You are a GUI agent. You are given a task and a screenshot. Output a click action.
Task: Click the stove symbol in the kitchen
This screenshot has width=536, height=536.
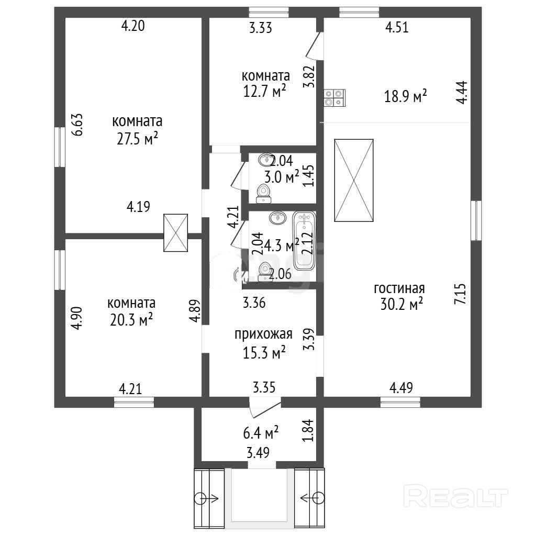(x=334, y=98)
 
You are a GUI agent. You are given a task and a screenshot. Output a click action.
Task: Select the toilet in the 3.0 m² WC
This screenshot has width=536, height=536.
(x=263, y=194)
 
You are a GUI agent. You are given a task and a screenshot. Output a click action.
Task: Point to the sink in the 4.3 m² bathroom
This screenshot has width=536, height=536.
(x=278, y=217)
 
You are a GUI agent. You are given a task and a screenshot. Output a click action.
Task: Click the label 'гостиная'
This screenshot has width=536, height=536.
(x=399, y=289)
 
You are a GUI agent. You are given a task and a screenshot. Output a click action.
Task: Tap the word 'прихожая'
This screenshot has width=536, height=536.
(x=263, y=334)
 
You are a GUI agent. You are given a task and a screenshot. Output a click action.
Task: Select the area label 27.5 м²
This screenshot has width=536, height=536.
(x=137, y=139)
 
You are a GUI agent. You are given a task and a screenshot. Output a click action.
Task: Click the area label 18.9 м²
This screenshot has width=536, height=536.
(x=406, y=96)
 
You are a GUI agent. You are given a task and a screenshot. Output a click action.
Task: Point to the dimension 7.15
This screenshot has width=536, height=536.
(x=460, y=294)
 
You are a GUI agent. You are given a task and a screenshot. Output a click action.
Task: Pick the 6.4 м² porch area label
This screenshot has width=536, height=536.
(x=261, y=432)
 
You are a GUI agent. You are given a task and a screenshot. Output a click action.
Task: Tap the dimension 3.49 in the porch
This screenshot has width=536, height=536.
(x=258, y=453)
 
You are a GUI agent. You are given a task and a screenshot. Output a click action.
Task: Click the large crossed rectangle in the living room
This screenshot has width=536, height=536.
(x=354, y=181)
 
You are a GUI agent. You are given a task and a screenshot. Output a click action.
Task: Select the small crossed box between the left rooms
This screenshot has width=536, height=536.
(x=176, y=233)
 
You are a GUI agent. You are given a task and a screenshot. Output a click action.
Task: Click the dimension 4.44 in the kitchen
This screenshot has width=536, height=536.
(x=462, y=92)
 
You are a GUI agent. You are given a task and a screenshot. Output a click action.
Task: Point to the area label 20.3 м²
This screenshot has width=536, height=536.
(x=131, y=320)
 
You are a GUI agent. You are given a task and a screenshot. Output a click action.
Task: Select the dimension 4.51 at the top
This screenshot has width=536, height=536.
(x=397, y=27)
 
